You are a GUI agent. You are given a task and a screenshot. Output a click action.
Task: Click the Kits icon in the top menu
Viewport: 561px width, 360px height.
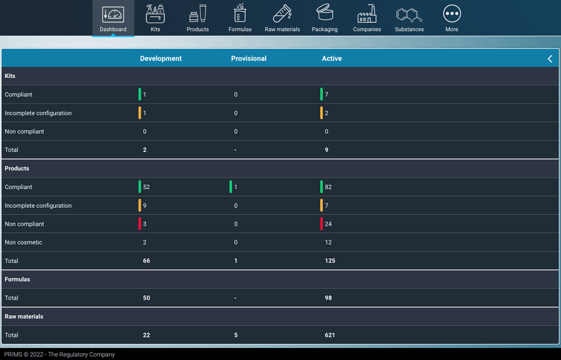(155, 15)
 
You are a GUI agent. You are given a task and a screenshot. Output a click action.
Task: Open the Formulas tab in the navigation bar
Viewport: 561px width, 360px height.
(240, 15)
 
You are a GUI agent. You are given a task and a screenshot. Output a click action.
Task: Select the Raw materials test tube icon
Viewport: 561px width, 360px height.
(282, 15)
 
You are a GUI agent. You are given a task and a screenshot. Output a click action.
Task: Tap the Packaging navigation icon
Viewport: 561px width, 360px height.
(325, 15)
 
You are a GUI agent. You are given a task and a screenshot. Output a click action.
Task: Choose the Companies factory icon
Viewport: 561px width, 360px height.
(367, 15)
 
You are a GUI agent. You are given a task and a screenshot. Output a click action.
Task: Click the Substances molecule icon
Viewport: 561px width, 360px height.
(409, 15)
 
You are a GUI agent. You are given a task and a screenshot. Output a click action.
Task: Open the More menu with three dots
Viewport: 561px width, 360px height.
(452, 15)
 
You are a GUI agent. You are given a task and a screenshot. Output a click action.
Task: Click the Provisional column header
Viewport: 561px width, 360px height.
(249, 59)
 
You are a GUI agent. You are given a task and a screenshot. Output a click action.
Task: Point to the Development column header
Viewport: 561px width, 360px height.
(161, 59)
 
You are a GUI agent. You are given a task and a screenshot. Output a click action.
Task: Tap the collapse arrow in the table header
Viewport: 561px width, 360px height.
(550, 59)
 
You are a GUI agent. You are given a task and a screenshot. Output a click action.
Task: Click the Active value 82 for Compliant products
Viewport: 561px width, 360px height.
(328, 187)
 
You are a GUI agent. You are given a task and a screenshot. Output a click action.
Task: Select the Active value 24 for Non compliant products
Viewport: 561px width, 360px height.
(328, 224)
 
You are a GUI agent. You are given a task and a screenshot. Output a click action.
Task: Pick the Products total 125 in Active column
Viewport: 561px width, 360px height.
(330, 261)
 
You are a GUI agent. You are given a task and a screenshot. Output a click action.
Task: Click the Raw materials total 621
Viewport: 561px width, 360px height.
(330, 335)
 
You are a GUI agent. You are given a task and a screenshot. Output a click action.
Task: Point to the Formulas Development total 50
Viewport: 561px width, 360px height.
(146, 298)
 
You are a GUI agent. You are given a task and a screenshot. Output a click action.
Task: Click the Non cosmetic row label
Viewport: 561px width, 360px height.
(23, 243)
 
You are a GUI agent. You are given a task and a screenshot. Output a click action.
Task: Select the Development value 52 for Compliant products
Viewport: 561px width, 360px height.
(146, 187)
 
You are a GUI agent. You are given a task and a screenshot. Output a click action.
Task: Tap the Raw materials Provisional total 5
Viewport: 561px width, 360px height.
(236, 335)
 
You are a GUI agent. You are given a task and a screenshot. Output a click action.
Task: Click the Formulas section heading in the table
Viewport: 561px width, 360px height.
(18, 279)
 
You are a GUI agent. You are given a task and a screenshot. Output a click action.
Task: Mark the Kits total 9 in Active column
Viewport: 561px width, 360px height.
(327, 150)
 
